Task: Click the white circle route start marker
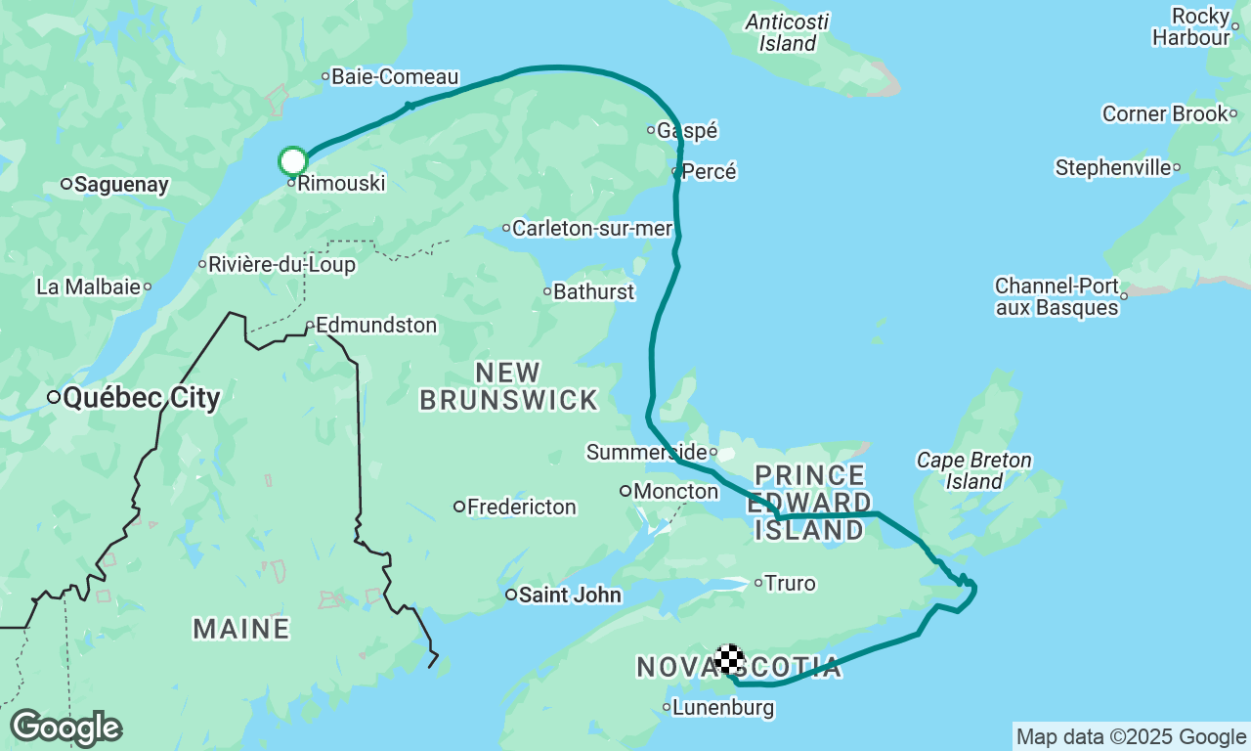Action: coord(293,161)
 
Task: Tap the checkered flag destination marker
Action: coord(729,660)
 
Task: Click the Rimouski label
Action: coord(340,184)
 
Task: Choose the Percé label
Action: coord(709,172)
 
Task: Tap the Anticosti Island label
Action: coord(787,32)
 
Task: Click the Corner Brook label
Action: coord(1165,114)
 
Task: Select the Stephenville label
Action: coord(1113,168)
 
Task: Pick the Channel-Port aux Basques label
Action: coord(1057,297)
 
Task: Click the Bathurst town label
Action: coord(593,292)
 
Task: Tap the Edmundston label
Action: coord(376,326)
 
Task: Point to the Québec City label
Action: coord(141,398)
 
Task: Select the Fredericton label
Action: coord(521,508)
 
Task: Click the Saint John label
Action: coord(569,595)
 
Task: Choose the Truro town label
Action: coord(790,584)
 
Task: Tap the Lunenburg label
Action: coord(723,708)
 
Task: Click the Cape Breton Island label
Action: coord(973,470)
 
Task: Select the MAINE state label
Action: coord(241,629)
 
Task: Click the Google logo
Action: coord(65,729)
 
